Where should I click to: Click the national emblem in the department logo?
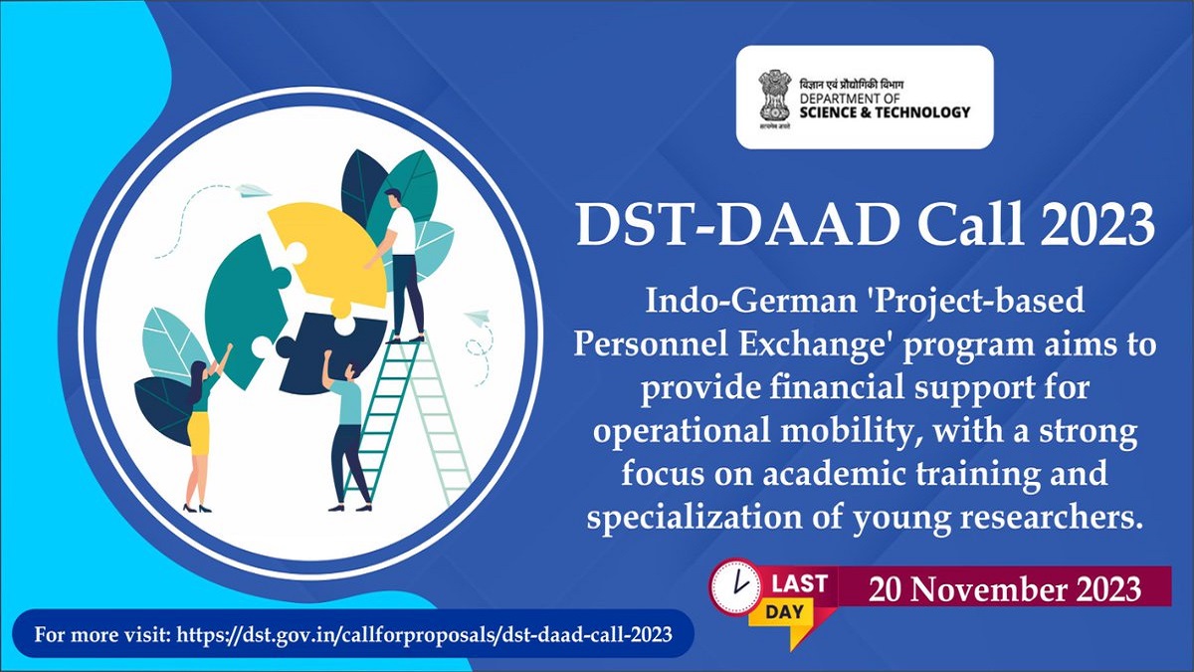pyautogui.click(x=772, y=96)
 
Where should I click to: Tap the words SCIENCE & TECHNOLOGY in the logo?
pyautogui.click(x=886, y=112)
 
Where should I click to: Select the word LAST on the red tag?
pyautogui.click(x=799, y=584)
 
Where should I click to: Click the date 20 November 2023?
pyautogui.click(x=1004, y=589)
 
